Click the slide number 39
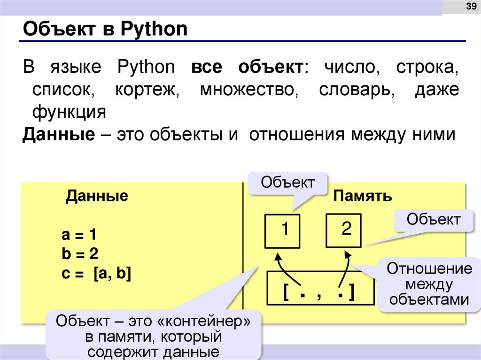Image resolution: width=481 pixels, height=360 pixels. (470, 7)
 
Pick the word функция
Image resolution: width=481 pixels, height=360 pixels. (69, 112)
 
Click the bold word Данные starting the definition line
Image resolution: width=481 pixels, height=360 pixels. (59, 135)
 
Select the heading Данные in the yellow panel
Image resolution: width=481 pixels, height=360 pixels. (97, 196)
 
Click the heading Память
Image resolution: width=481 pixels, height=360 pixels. (363, 196)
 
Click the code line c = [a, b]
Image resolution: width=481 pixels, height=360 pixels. (96, 274)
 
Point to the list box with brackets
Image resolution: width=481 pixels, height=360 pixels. (320, 288)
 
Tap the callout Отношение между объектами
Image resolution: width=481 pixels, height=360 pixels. (429, 284)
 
